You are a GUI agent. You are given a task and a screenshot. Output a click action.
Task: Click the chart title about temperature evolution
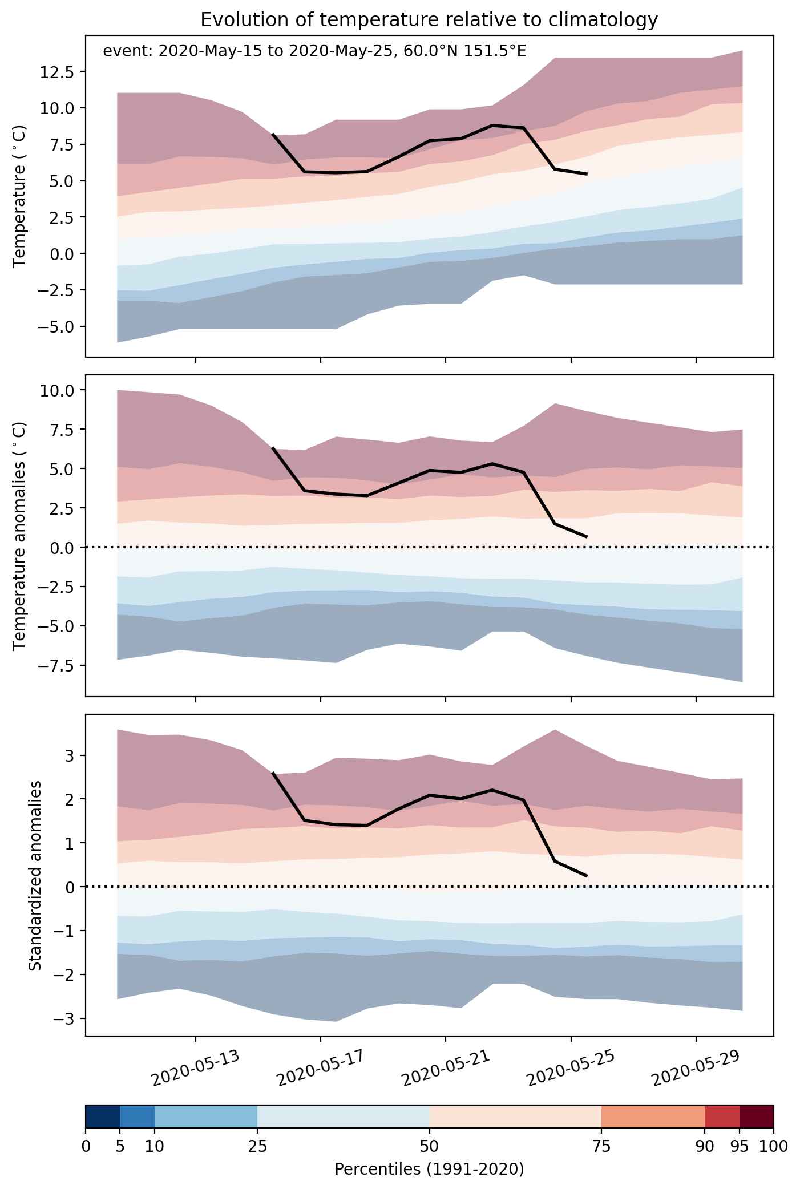[x=429, y=20]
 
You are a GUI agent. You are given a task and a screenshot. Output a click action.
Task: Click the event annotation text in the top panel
[x=314, y=51]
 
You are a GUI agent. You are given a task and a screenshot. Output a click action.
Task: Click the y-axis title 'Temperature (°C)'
[x=19, y=196]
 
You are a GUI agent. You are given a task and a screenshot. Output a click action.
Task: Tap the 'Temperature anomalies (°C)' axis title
[x=19, y=536]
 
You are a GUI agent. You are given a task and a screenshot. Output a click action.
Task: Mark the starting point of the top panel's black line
[x=273, y=134]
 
